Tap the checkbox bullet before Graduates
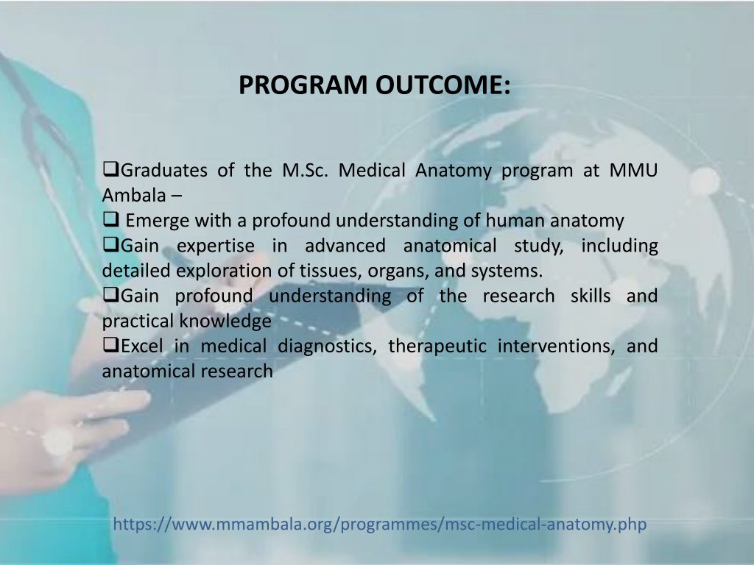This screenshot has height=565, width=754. [x=111, y=169]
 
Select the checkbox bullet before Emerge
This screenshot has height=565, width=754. [x=111, y=219]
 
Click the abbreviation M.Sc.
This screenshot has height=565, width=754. [x=305, y=171]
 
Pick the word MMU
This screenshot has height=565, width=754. [x=633, y=171]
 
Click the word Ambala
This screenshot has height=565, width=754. [x=134, y=196]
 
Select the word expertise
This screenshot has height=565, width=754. [x=216, y=246]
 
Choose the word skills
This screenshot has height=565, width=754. [x=591, y=296]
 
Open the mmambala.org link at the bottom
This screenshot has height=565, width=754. [x=380, y=524]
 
